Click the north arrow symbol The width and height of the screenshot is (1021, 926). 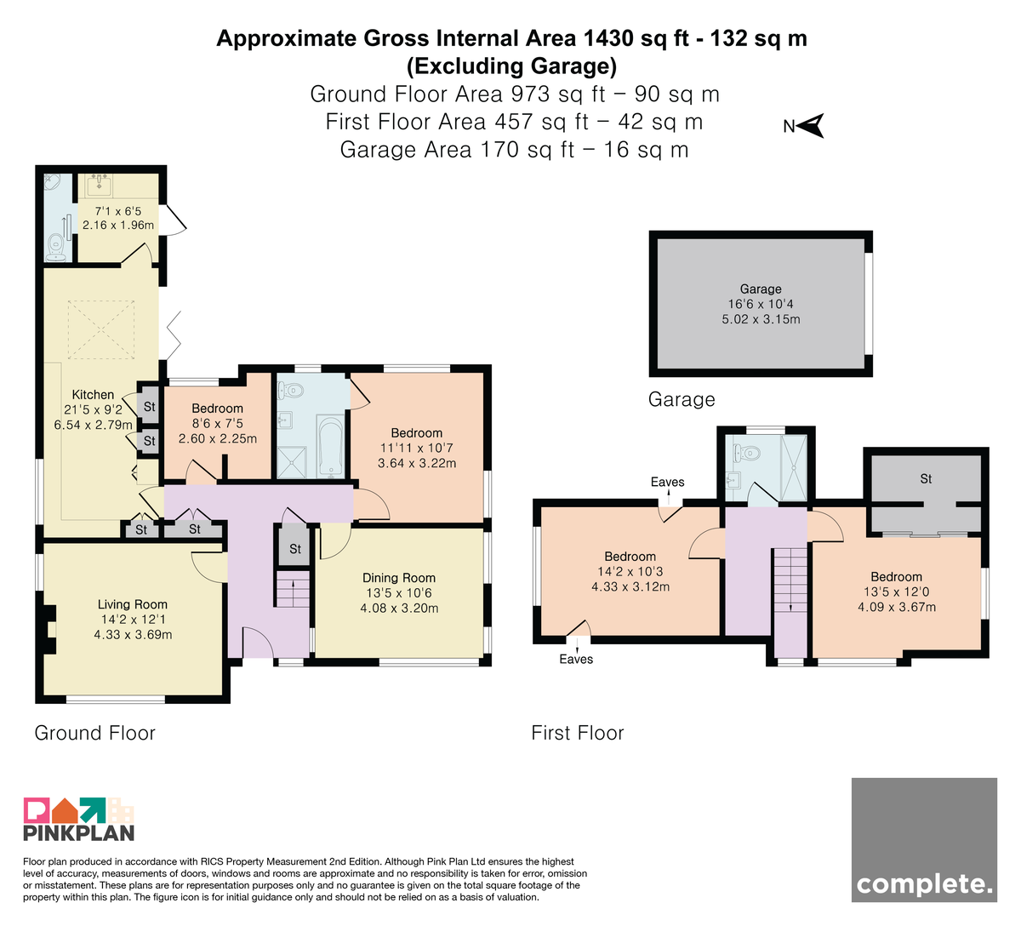tap(810, 125)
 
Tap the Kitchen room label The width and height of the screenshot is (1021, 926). tap(93, 395)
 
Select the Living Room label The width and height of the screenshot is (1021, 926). tap(133, 604)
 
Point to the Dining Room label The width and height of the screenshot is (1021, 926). tap(399, 578)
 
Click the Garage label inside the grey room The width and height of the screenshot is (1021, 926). tap(761, 289)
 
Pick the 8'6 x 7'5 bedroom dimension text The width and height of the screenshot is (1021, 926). tap(217, 423)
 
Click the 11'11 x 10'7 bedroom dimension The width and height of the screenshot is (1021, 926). tap(416, 449)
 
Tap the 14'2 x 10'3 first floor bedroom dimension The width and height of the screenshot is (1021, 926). tap(630, 571)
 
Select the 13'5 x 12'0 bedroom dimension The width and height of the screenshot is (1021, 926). tap(896, 592)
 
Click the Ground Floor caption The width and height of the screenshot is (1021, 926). tap(94, 733)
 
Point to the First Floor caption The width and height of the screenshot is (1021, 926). tap(577, 733)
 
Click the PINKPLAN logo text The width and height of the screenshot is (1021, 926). tap(79, 833)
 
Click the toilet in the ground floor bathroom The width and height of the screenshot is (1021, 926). tap(291, 391)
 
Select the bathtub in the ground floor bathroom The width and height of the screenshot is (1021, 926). tap(331, 447)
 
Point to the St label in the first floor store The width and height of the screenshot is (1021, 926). tap(926, 479)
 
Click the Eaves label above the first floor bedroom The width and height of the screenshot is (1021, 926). tap(667, 482)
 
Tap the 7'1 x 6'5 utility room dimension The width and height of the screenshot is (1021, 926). tap(118, 211)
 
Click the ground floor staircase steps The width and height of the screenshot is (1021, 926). tap(293, 589)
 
